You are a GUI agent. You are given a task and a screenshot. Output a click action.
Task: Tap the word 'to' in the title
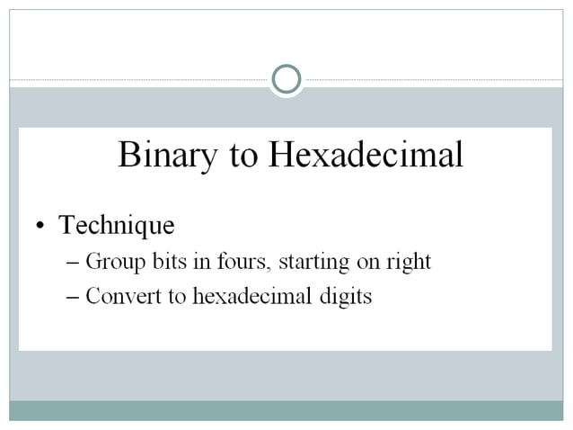(243, 156)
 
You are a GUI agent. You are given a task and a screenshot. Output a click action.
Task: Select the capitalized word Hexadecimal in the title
(365, 156)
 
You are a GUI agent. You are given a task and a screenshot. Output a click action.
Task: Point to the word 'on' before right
(368, 263)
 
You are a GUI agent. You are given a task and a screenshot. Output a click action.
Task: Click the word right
(409, 263)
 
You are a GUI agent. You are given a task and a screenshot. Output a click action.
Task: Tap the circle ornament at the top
(286, 79)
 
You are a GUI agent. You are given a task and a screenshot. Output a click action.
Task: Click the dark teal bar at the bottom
(286, 410)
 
